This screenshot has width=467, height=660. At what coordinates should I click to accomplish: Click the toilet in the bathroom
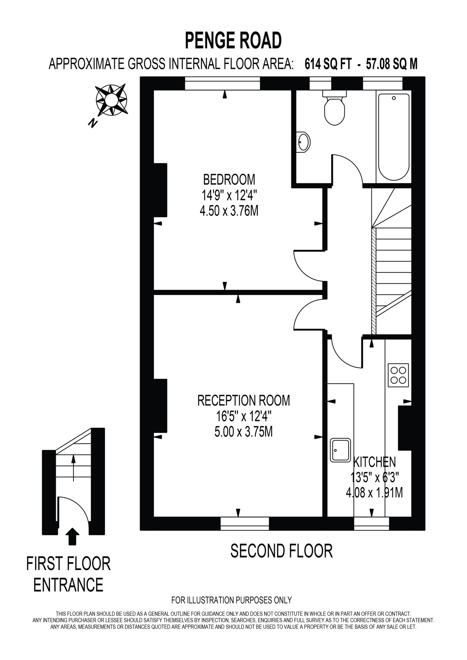click(x=334, y=108)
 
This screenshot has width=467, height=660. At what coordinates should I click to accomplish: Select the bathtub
click(x=394, y=137)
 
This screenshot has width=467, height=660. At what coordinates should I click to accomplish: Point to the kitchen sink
click(x=340, y=450)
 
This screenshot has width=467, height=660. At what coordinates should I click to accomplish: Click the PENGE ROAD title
click(x=233, y=40)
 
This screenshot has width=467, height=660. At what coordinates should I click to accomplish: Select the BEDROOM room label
click(x=229, y=180)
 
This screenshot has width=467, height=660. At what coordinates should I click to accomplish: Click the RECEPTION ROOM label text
click(x=243, y=401)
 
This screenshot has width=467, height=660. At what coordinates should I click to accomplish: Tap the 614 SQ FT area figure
click(x=328, y=64)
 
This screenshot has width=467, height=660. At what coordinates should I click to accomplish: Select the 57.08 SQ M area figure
click(x=392, y=64)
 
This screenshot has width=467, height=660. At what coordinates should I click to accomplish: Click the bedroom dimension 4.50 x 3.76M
click(x=229, y=211)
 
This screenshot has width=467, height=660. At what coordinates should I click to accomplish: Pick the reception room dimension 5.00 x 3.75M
click(x=243, y=432)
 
